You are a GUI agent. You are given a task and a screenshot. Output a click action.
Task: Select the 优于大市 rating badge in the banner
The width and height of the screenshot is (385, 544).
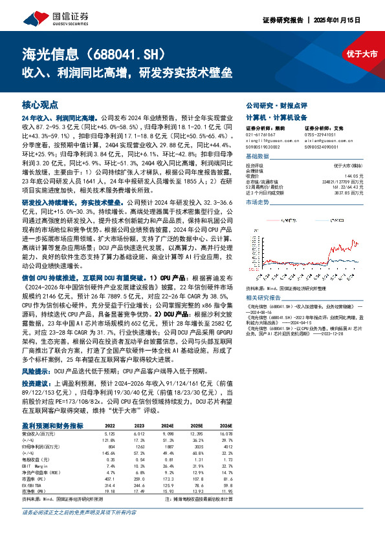pyautogui.click(x=360, y=54)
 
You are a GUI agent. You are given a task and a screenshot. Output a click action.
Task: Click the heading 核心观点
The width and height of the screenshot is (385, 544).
pyautogui.click(x=40, y=103)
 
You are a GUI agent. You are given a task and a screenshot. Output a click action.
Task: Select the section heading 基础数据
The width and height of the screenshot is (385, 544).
pyautogui.click(x=257, y=157)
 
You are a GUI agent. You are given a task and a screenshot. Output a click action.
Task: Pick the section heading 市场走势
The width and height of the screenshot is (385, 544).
pyautogui.click(x=257, y=203)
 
